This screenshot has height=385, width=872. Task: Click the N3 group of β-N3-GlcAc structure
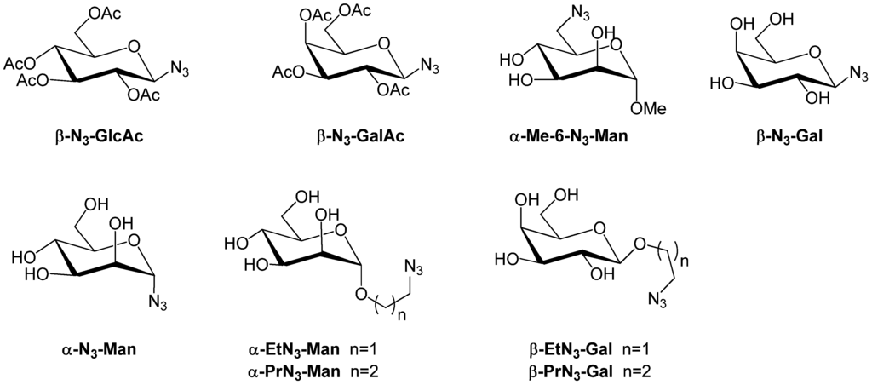pos(181,67)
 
